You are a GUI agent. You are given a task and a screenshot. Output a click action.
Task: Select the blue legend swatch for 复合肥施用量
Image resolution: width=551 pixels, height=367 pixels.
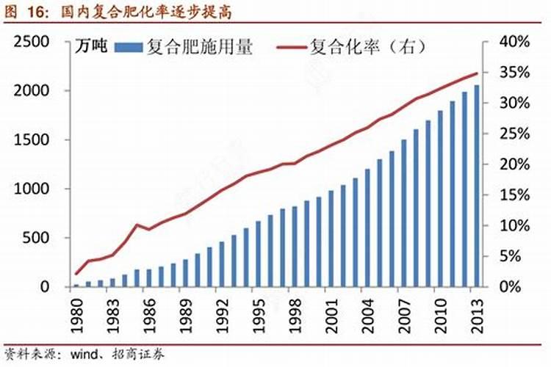[129, 48]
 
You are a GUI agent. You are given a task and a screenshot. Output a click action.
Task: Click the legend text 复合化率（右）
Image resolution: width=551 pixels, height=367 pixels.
[367, 48]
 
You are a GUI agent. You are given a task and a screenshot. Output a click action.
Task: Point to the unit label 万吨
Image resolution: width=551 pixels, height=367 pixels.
[93, 48]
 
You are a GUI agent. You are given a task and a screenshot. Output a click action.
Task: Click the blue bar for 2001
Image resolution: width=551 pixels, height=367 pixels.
[331, 238]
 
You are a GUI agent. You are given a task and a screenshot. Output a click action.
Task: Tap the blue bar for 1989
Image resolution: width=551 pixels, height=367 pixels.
[185, 272]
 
